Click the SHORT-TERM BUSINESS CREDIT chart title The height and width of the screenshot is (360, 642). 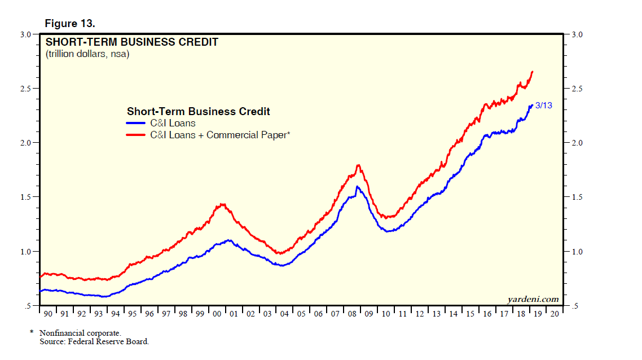point(131,42)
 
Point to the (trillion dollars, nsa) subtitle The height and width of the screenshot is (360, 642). point(87,54)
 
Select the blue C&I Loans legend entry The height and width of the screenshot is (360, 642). point(161,123)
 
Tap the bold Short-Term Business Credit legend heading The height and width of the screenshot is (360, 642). point(198,111)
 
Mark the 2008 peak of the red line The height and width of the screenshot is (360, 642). point(358,165)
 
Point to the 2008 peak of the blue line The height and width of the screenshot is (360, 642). point(357,187)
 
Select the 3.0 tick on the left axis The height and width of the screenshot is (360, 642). point(25,35)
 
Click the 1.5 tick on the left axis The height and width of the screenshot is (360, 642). point(25,197)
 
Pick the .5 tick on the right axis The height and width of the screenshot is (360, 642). point(575,306)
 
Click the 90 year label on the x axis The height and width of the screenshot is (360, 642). point(47,314)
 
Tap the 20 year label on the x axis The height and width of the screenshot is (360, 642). point(555,314)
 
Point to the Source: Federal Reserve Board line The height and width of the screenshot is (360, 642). point(94,341)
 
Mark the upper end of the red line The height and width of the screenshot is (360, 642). point(533,72)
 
